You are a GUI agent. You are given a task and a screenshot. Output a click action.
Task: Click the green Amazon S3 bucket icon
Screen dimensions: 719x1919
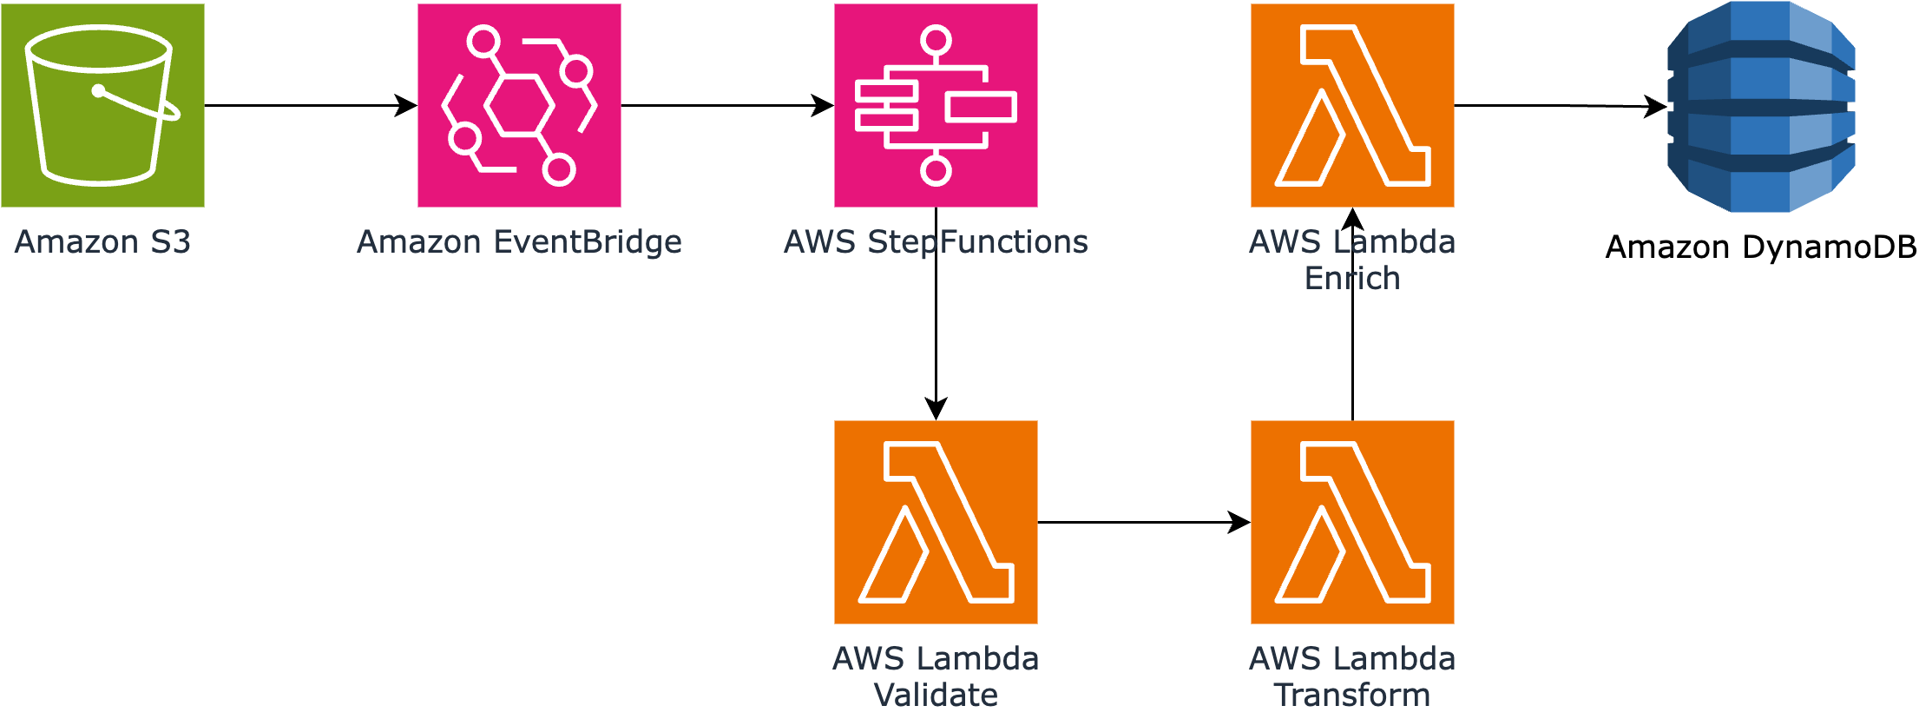(x=102, y=105)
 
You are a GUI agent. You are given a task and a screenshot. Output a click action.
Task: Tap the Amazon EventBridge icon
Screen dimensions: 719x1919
(x=519, y=105)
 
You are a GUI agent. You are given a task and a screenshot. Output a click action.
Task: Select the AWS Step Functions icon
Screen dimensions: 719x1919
(x=936, y=105)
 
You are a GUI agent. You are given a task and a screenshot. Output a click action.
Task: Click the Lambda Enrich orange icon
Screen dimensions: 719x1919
(x=1352, y=105)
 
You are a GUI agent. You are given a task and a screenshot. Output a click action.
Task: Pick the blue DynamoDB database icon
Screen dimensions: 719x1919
(x=1761, y=106)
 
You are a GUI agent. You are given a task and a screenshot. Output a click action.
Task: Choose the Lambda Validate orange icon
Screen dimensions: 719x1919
(x=936, y=522)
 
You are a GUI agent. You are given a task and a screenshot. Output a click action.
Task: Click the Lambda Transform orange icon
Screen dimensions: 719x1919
(x=1352, y=522)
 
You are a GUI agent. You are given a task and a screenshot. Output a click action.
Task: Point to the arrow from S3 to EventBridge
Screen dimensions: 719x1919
(x=310, y=105)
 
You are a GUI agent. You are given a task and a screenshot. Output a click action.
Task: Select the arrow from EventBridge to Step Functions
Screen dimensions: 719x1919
(x=726, y=105)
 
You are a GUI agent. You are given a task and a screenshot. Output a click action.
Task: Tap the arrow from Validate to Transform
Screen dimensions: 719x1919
(x=1143, y=522)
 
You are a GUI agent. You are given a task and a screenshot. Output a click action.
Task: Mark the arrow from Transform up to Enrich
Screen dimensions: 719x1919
(x=1352, y=347)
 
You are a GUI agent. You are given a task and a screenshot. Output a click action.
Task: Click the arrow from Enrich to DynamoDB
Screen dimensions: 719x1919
(x=1560, y=105)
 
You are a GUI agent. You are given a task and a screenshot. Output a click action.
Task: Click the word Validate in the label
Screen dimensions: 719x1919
(x=936, y=696)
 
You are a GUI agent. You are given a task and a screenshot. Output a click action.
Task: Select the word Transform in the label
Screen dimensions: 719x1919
(x=1352, y=696)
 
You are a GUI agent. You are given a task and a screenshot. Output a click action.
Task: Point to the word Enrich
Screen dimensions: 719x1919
(x=1352, y=279)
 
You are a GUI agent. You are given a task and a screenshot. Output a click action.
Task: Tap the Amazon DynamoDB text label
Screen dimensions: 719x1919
(x=1761, y=247)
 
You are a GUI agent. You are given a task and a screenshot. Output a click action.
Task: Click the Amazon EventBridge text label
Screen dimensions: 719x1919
(x=519, y=242)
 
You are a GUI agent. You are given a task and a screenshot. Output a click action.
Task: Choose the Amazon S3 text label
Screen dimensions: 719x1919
(x=102, y=242)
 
